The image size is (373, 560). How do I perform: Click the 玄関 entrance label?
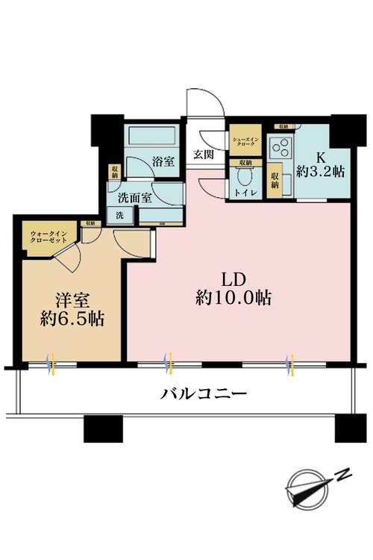click(x=202, y=155)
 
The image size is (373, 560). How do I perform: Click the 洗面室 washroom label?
click(x=135, y=199)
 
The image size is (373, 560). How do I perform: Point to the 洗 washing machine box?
click(x=119, y=215)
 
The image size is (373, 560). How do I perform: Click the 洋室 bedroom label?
click(x=72, y=300)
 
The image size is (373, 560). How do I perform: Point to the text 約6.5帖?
click(x=72, y=320)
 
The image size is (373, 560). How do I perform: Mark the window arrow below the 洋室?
click(x=51, y=364)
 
